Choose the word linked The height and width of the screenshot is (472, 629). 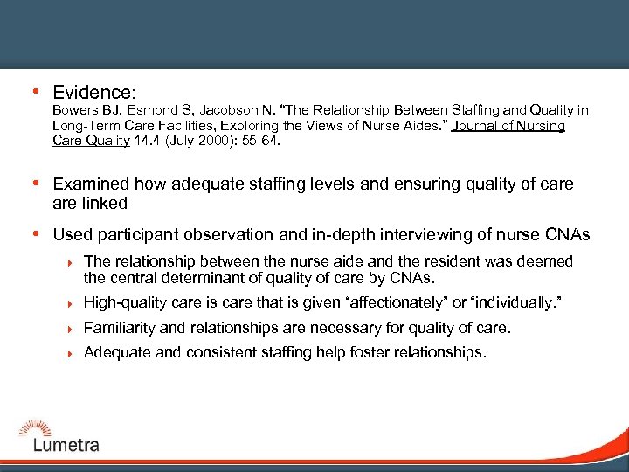tap(105, 203)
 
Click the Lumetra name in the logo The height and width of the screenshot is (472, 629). tap(66, 445)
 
